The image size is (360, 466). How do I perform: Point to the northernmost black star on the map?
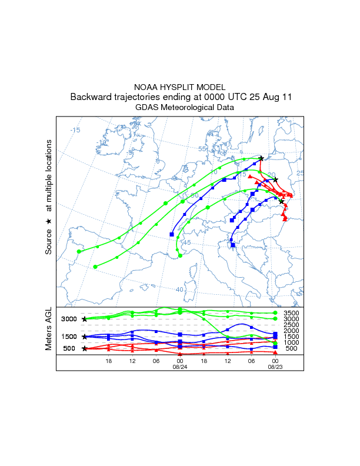(261, 158)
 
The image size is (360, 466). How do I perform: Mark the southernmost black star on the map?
(281, 201)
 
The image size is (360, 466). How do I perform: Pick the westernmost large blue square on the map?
(172, 235)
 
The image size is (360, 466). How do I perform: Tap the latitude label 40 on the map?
(180, 289)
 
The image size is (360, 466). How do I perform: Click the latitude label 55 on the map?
(202, 149)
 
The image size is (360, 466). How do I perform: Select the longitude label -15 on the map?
(75, 130)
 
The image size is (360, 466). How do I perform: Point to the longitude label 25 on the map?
(299, 173)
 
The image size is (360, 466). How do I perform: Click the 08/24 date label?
(179, 367)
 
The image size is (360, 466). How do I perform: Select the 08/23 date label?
(275, 367)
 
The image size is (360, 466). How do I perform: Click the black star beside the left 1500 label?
(85, 337)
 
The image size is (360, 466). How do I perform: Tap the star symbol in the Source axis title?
(49, 221)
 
